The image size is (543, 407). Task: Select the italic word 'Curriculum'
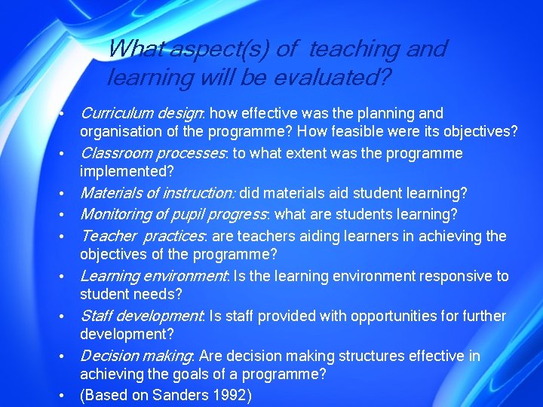pyautogui.click(x=115, y=114)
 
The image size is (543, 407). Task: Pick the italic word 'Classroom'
pyautogui.click(x=114, y=154)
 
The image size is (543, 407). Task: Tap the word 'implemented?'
pyautogui.click(x=127, y=171)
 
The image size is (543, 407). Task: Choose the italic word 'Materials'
pyautogui.click(x=109, y=194)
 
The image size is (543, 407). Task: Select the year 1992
pyautogui.click(x=232, y=394)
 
